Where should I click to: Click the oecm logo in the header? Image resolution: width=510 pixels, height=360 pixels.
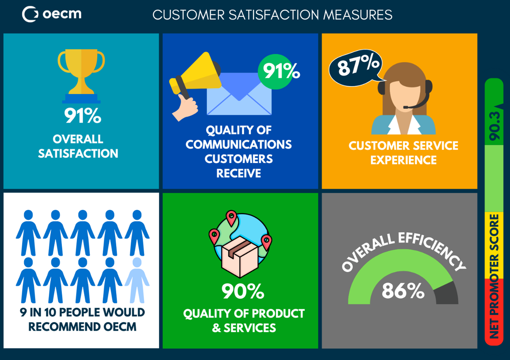point(52,14)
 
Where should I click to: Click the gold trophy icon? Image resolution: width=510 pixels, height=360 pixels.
point(81,73)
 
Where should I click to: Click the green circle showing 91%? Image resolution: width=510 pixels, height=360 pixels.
point(278,71)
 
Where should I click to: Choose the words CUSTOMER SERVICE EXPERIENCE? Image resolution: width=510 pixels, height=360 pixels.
point(403,153)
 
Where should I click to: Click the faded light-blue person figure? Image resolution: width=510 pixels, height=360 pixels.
point(137,280)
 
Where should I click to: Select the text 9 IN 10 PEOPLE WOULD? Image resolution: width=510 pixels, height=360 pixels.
point(82,312)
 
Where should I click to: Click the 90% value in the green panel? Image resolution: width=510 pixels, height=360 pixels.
point(243,291)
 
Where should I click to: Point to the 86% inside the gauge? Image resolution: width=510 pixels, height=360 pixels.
point(403,291)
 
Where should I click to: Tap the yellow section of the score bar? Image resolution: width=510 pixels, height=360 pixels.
point(494,246)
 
